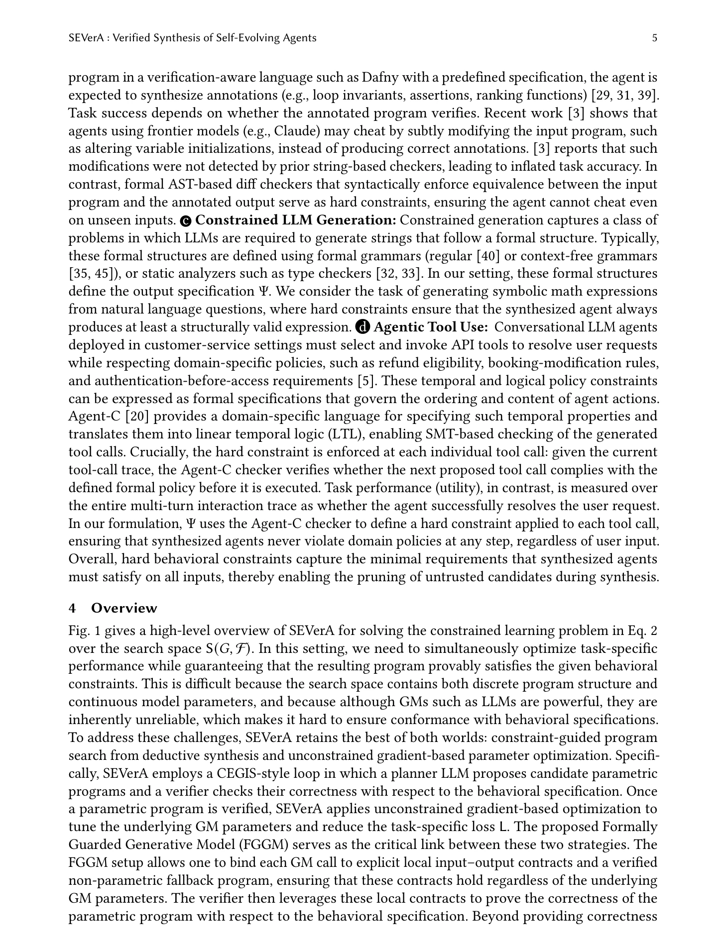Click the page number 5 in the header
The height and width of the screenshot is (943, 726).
click(x=654, y=38)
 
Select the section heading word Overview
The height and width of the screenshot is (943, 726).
click(x=124, y=608)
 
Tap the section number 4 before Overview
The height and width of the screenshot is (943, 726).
click(x=72, y=608)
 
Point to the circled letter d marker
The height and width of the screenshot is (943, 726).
click(x=363, y=327)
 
